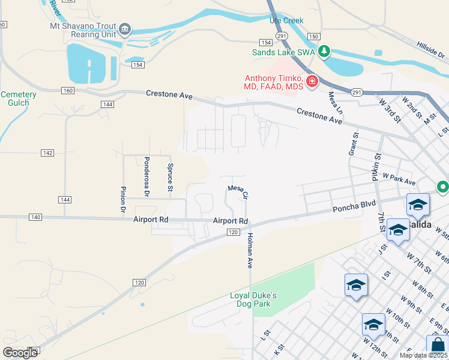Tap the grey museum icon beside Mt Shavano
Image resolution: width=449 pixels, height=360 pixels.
tap(125, 29)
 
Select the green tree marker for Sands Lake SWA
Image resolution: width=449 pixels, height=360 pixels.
tap(324, 52)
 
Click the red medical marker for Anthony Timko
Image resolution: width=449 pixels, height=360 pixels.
tap(312, 81)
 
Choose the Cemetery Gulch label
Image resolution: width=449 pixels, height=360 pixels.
tap(19, 99)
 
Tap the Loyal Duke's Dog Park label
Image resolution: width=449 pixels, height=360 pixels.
tap(254, 299)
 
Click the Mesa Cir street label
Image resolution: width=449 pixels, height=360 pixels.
tap(238, 191)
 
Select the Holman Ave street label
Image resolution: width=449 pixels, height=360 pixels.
tap(249, 251)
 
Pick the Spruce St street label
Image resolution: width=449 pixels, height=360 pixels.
tap(170, 178)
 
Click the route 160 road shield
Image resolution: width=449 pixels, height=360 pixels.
tap(67, 91)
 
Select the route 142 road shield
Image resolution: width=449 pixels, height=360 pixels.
tap(48, 153)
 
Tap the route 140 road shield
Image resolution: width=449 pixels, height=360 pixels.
tap(35, 217)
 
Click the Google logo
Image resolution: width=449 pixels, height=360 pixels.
tap(20, 353)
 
